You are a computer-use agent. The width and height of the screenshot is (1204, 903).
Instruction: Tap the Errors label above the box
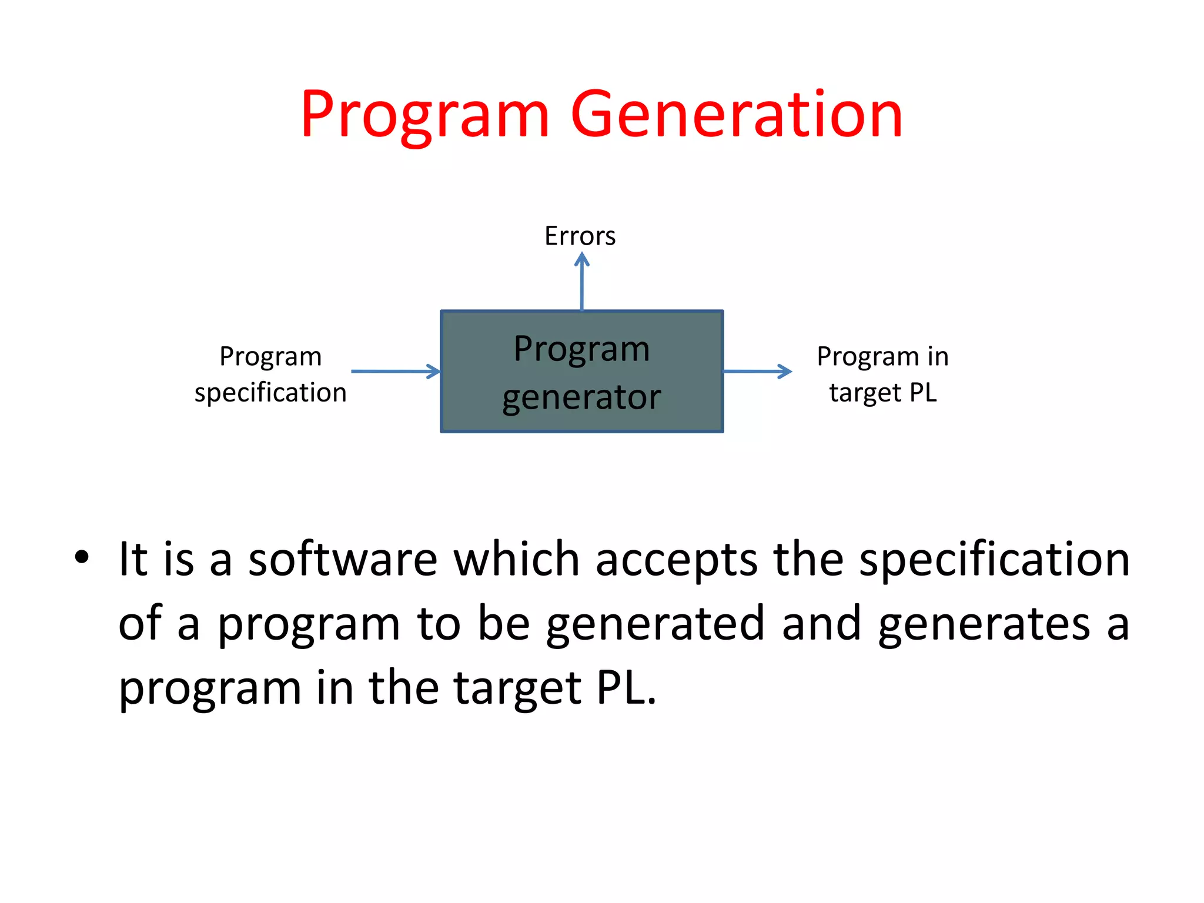(x=580, y=236)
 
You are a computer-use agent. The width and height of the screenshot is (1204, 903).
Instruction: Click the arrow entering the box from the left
(x=396, y=371)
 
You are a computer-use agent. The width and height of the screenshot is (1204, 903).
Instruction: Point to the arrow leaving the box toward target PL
(x=757, y=371)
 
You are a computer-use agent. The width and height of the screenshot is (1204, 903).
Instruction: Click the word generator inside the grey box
(x=581, y=397)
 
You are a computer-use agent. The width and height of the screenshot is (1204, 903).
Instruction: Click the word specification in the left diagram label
(x=270, y=393)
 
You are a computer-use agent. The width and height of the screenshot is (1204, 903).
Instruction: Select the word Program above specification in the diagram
(x=270, y=356)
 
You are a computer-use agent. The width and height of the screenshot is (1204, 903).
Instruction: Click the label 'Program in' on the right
(x=882, y=356)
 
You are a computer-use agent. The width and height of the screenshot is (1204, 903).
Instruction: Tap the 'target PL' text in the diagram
(x=882, y=393)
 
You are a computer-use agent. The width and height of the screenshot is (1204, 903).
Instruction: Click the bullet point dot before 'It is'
(x=82, y=557)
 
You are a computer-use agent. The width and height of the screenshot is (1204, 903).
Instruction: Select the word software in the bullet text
(x=343, y=559)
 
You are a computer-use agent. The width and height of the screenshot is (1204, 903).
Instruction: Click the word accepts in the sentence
(x=676, y=559)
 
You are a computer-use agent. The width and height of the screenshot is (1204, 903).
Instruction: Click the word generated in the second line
(x=655, y=624)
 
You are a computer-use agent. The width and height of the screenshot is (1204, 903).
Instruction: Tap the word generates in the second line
(x=984, y=624)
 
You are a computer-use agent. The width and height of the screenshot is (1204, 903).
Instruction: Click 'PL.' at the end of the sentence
(x=626, y=688)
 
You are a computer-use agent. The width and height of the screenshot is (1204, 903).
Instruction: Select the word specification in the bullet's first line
(x=994, y=559)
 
